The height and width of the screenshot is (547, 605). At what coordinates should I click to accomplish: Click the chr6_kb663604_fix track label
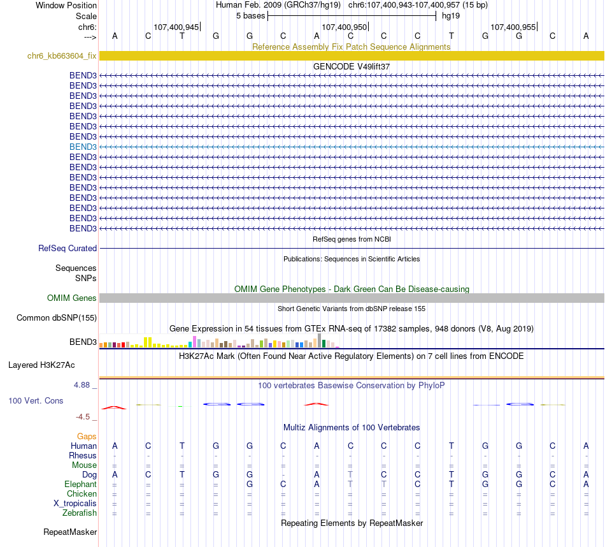click(62, 56)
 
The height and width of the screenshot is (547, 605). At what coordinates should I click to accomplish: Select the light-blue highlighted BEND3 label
click(83, 147)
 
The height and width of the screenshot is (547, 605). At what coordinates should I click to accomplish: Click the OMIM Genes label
click(72, 298)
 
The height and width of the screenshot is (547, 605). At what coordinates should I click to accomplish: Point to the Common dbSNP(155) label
click(57, 317)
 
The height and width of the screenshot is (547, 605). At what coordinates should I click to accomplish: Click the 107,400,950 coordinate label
click(345, 27)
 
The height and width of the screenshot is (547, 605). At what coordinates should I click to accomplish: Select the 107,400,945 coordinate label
click(176, 27)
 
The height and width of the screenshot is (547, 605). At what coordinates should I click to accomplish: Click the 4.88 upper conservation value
click(83, 385)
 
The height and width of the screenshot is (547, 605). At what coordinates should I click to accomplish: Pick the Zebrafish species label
click(80, 513)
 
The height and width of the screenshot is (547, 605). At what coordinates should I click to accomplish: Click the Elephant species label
click(80, 485)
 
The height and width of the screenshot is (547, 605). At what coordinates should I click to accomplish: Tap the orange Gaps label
click(87, 436)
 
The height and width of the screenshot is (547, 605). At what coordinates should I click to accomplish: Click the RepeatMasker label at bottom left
click(70, 532)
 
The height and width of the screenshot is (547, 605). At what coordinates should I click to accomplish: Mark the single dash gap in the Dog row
click(283, 475)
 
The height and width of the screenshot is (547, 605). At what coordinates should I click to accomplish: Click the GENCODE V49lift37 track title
click(352, 66)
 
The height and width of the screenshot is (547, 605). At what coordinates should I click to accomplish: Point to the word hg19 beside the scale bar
click(451, 15)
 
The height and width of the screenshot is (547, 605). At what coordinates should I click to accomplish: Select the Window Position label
click(66, 5)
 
